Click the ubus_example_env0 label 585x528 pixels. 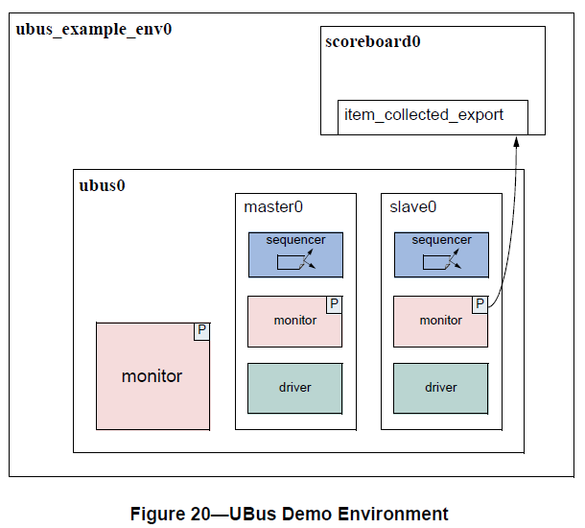pos(94,29)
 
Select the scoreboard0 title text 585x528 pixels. pos(373,42)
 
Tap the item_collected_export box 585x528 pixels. pos(433,115)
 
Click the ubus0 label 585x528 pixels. pos(102,185)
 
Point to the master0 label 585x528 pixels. pos(273,206)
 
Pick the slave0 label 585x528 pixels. pos(413,206)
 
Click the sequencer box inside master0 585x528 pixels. pos(295,254)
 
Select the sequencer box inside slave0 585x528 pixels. pos(441,254)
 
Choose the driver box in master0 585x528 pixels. pos(294,388)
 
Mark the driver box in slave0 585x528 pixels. pos(440,388)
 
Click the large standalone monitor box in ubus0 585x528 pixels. pos(152,376)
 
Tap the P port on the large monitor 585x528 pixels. pos(201,331)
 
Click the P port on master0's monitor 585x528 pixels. pos(334,304)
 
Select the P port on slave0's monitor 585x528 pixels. pos(480,304)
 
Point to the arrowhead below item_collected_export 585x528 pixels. pos(516,141)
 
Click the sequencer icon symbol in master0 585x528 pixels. pos(295,261)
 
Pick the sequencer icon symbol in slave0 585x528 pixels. pos(441,261)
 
